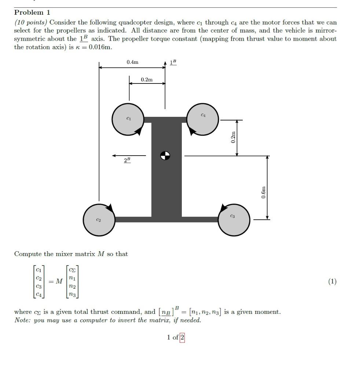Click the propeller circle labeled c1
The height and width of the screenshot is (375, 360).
pyautogui.click(x=128, y=119)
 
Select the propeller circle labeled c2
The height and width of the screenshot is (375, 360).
pyautogui.click(x=99, y=220)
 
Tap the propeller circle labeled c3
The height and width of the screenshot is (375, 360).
pyautogui.click(x=234, y=219)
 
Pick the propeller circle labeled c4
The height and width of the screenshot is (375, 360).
pyautogui.click(x=203, y=119)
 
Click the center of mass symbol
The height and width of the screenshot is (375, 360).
pyautogui.click(x=165, y=156)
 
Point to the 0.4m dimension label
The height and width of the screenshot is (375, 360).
pyautogui.click(x=132, y=62)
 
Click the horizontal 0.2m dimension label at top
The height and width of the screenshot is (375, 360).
pyautogui.click(x=147, y=79)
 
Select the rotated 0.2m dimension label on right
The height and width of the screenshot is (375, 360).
pyautogui.click(x=233, y=137)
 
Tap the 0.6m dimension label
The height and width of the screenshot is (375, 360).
pyautogui.click(x=263, y=192)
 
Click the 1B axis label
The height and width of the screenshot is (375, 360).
pyautogui.click(x=173, y=63)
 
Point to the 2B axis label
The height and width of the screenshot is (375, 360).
pyautogui.click(x=127, y=160)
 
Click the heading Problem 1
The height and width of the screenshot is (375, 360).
pyautogui.click(x=32, y=12)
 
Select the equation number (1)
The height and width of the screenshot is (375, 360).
pyautogui.click(x=332, y=281)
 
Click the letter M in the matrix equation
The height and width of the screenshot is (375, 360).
pyautogui.click(x=59, y=281)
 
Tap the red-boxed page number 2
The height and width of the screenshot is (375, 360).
pyautogui.click(x=182, y=337)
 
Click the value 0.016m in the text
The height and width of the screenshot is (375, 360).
pyautogui.click(x=100, y=47)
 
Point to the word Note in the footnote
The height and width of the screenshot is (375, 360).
pyautogui.click(x=22, y=320)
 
